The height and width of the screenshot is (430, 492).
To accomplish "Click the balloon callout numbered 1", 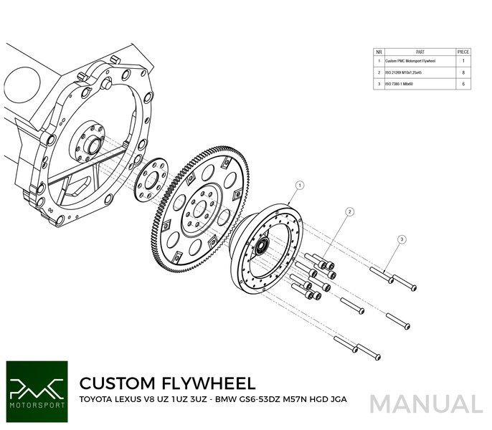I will pos(299,184).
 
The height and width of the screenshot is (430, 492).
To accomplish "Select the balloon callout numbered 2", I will pos(349,211).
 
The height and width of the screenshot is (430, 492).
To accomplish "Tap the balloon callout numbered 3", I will pos(402,239).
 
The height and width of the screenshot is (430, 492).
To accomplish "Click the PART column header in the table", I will pos(420,52).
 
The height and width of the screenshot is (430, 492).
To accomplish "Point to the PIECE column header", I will pos(463,52).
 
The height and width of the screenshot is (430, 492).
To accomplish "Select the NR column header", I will pos(378,52).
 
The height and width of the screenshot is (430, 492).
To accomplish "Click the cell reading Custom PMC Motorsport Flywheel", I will pos(420,62).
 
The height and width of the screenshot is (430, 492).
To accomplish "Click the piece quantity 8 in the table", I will pos(463,73).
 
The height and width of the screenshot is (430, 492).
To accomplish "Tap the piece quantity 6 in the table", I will pos(463,84).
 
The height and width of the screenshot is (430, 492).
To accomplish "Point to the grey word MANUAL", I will pos(427,404).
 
